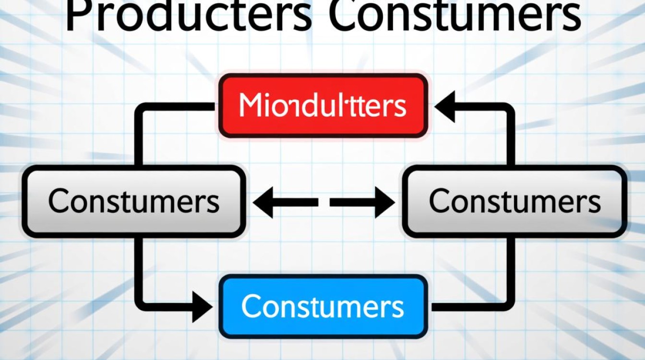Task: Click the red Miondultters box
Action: point(323,106)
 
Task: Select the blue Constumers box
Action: point(323,306)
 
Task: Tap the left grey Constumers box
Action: point(134,201)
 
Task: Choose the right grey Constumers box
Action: point(514,201)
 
